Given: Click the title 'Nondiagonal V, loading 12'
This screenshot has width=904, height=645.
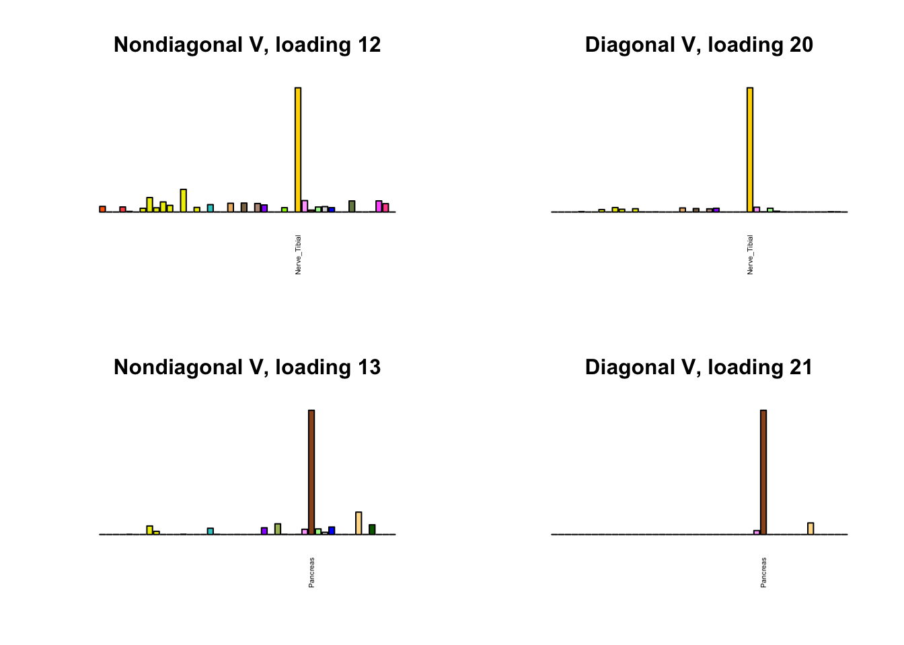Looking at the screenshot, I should [x=247, y=45].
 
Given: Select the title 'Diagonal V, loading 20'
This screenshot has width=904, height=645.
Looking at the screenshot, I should [x=699, y=45].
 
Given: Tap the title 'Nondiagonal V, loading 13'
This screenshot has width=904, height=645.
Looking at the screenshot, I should [x=247, y=368].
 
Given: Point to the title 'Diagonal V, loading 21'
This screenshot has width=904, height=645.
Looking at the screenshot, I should [x=699, y=368].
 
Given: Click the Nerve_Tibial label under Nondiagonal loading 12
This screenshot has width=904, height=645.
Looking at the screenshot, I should [x=298, y=255].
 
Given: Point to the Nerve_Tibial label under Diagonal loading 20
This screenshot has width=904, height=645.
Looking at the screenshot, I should [x=750, y=255].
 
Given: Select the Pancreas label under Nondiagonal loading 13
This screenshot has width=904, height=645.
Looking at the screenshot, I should [x=311, y=572].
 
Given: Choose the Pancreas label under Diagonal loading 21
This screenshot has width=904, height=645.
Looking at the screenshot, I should [x=763, y=572].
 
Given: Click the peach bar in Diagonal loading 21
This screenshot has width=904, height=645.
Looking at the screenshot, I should [x=811, y=529].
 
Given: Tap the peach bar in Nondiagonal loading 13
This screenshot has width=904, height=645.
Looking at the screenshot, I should [x=359, y=523].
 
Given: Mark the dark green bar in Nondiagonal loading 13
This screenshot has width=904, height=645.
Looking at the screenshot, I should [x=372, y=529].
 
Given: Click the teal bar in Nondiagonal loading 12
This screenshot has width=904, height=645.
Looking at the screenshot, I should [x=211, y=208].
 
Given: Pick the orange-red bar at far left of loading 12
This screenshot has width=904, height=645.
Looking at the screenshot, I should [x=102, y=209].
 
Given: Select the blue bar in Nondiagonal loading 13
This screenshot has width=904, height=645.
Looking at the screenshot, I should [x=332, y=531].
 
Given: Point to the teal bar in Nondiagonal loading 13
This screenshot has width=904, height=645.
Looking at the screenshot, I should [x=211, y=531].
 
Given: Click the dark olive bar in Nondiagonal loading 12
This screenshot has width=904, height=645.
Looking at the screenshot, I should [x=352, y=206].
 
